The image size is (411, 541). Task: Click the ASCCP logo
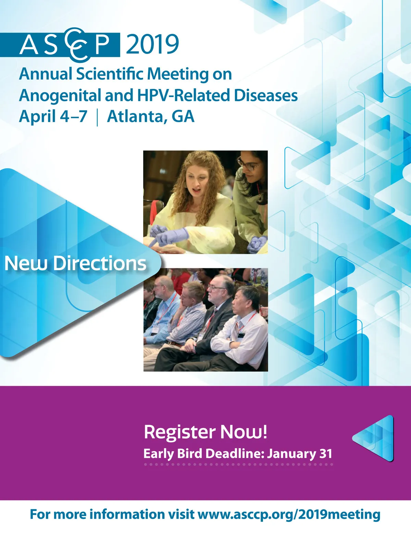pyautogui.click(x=60, y=44)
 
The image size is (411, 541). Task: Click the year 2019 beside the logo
pyautogui.click(x=152, y=44)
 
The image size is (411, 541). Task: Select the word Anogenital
pyautogui.click(x=60, y=95)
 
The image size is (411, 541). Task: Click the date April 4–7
pyautogui.click(x=53, y=117)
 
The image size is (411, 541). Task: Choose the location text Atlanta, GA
pyautogui.click(x=151, y=117)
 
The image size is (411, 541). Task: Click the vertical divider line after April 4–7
pyautogui.click(x=97, y=118)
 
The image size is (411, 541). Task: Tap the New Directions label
pyautogui.click(x=75, y=263)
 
